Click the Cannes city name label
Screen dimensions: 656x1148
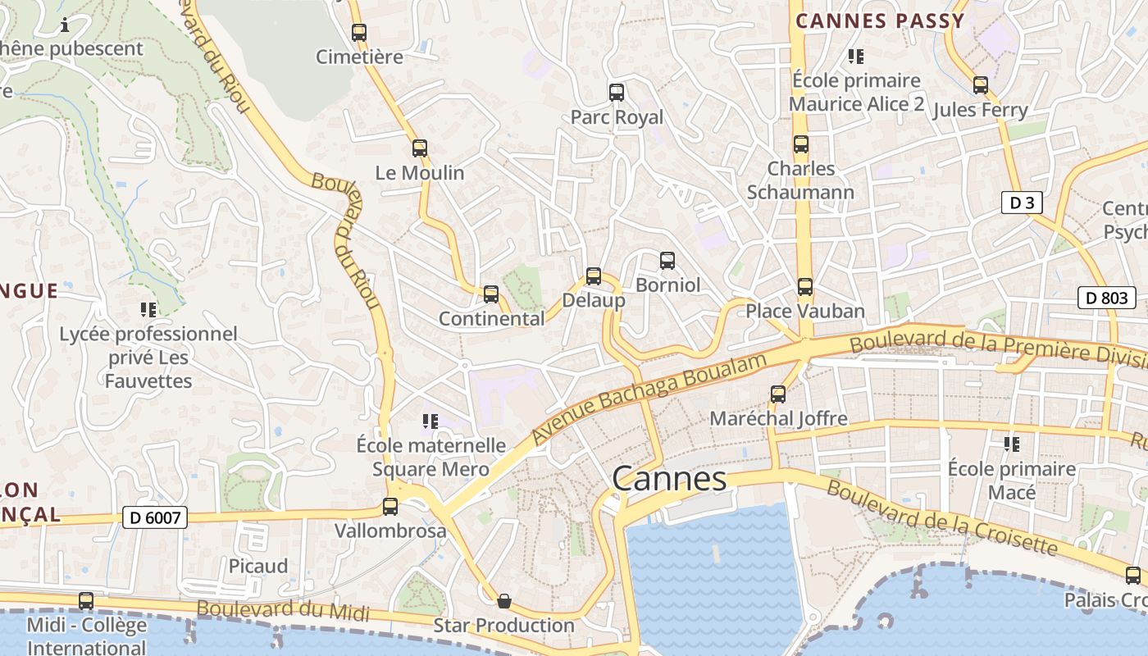(x=669, y=479)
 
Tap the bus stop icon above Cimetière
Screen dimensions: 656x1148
(x=359, y=33)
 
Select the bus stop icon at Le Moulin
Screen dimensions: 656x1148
(x=420, y=148)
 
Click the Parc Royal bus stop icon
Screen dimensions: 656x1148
(x=617, y=93)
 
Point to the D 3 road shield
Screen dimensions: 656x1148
(x=1022, y=203)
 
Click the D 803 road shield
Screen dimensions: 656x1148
(x=1106, y=298)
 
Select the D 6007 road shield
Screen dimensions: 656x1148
(x=155, y=517)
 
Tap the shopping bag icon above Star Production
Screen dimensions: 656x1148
(x=504, y=601)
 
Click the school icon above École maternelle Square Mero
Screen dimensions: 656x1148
(x=430, y=421)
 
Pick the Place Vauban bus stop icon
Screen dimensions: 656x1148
(x=805, y=287)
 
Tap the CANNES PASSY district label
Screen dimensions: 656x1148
(x=880, y=21)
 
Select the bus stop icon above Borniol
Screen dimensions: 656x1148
(x=667, y=261)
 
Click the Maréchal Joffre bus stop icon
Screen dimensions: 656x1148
(x=778, y=394)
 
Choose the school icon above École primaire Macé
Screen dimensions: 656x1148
(x=1012, y=444)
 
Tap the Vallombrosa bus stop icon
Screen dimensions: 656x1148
(x=390, y=507)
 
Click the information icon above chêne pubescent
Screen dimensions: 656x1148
(x=65, y=25)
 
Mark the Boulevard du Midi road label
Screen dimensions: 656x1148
(x=283, y=610)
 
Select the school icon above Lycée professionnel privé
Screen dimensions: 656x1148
(x=148, y=310)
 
